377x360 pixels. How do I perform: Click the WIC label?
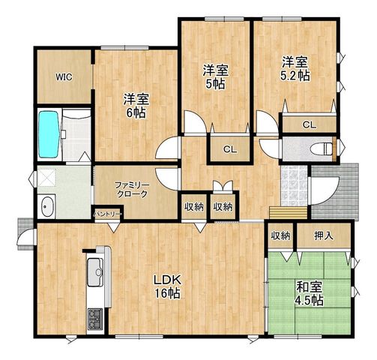pos(64,77)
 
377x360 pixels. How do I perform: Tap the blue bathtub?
pos(49,134)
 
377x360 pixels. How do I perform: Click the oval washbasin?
pos(48,207)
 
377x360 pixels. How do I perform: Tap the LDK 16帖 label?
pos(167,287)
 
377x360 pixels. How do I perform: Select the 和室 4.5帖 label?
pos(310,294)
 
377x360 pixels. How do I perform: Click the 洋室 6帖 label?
pos(136,106)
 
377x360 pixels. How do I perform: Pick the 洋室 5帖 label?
pos(215,77)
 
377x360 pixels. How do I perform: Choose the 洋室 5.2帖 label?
pos(295,69)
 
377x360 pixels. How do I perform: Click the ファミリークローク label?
pos(132,190)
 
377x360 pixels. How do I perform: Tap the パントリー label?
pos(108,214)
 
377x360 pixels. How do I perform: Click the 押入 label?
pos(324,235)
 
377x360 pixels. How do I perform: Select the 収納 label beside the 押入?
pos(281,235)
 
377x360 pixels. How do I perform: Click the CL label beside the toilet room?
pos(310,124)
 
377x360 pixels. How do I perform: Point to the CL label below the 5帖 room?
pos(230,149)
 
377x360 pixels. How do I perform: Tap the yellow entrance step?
pos(289,213)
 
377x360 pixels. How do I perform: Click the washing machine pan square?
pos(47,178)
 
